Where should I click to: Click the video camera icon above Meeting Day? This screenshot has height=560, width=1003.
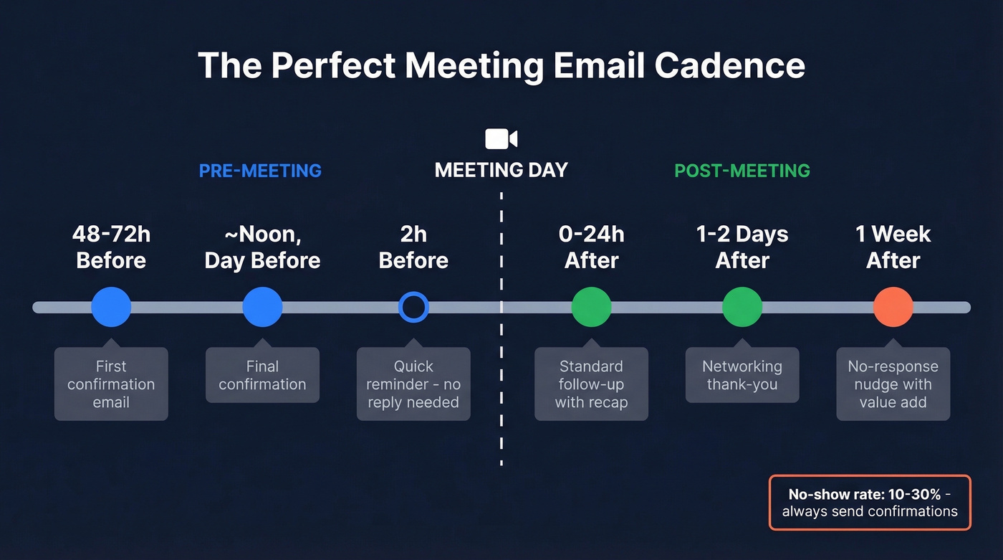coord(501,138)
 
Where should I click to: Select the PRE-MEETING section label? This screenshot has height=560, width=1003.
coord(260,171)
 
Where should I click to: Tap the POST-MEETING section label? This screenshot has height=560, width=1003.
coord(742,171)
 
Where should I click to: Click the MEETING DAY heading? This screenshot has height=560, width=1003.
coord(501,170)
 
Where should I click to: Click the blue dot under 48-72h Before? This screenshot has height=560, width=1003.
coord(111,307)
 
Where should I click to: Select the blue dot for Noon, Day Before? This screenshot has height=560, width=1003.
coord(262,307)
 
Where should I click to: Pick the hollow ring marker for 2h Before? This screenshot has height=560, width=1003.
coord(413,307)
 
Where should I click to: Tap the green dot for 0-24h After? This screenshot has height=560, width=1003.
coord(591,307)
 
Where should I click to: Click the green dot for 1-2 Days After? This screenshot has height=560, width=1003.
coord(742,307)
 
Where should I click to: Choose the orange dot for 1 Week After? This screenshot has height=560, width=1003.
coord(893,307)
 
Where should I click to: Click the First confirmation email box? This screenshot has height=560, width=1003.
coord(111,384)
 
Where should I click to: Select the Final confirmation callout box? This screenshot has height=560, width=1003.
coord(262,376)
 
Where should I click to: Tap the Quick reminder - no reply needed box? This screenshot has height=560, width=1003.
coord(413,384)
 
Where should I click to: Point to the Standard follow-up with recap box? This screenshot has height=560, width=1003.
coord(591,384)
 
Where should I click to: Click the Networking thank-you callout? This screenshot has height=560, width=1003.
coord(742,376)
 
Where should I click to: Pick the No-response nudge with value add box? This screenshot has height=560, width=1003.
coord(893,384)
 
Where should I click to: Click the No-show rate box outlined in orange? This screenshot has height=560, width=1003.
coord(870,503)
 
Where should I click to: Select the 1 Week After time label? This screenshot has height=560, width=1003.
coord(893,247)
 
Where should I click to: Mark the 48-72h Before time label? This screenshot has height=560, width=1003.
coord(111,247)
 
